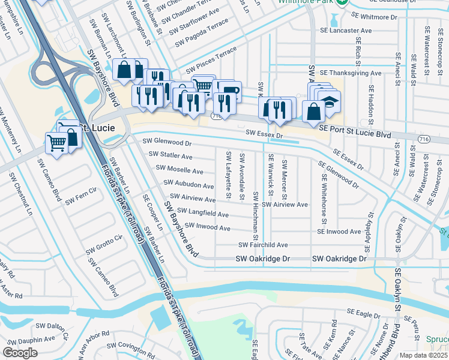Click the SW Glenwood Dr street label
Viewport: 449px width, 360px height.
(x=167, y=143)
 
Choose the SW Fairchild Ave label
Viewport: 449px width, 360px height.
(x=263, y=245)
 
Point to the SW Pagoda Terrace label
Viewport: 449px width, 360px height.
(x=202, y=33)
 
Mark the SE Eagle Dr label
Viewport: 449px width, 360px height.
(x=364, y=313)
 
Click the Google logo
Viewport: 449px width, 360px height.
(x=20, y=353)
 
